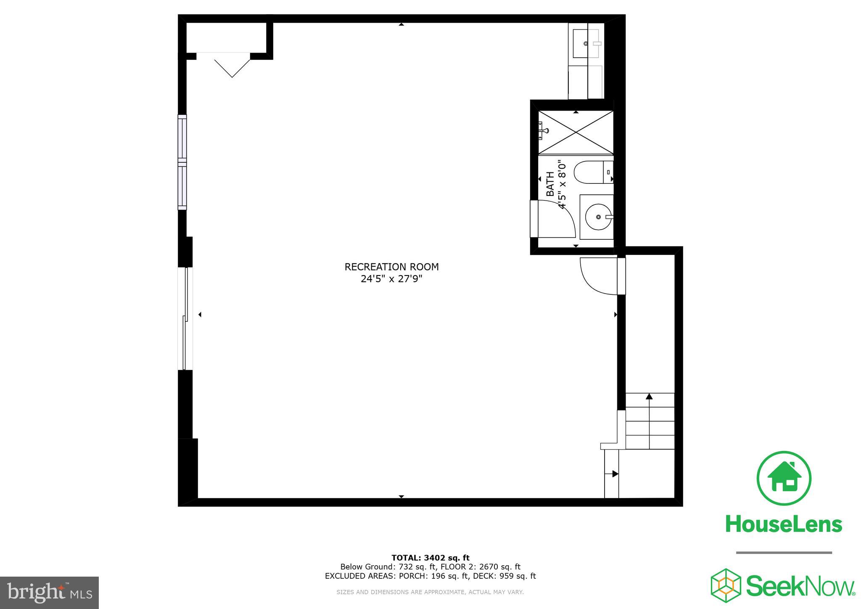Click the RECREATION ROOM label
click(391, 267)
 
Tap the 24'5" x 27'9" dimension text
click(391, 279)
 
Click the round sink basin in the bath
click(597, 217)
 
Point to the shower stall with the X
click(576, 132)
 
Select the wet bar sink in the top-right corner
click(586, 43)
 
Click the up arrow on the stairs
click(649, 396)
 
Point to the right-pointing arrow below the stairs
click(615, 474)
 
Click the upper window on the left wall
click(182, 162)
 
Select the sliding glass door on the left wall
click(185, 318)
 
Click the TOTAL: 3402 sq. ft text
click(430, 558)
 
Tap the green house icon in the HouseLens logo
click(784, 478)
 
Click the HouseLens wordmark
click(784, 524)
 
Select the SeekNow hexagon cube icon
click(726, 585)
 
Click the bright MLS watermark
click(49, 593)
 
